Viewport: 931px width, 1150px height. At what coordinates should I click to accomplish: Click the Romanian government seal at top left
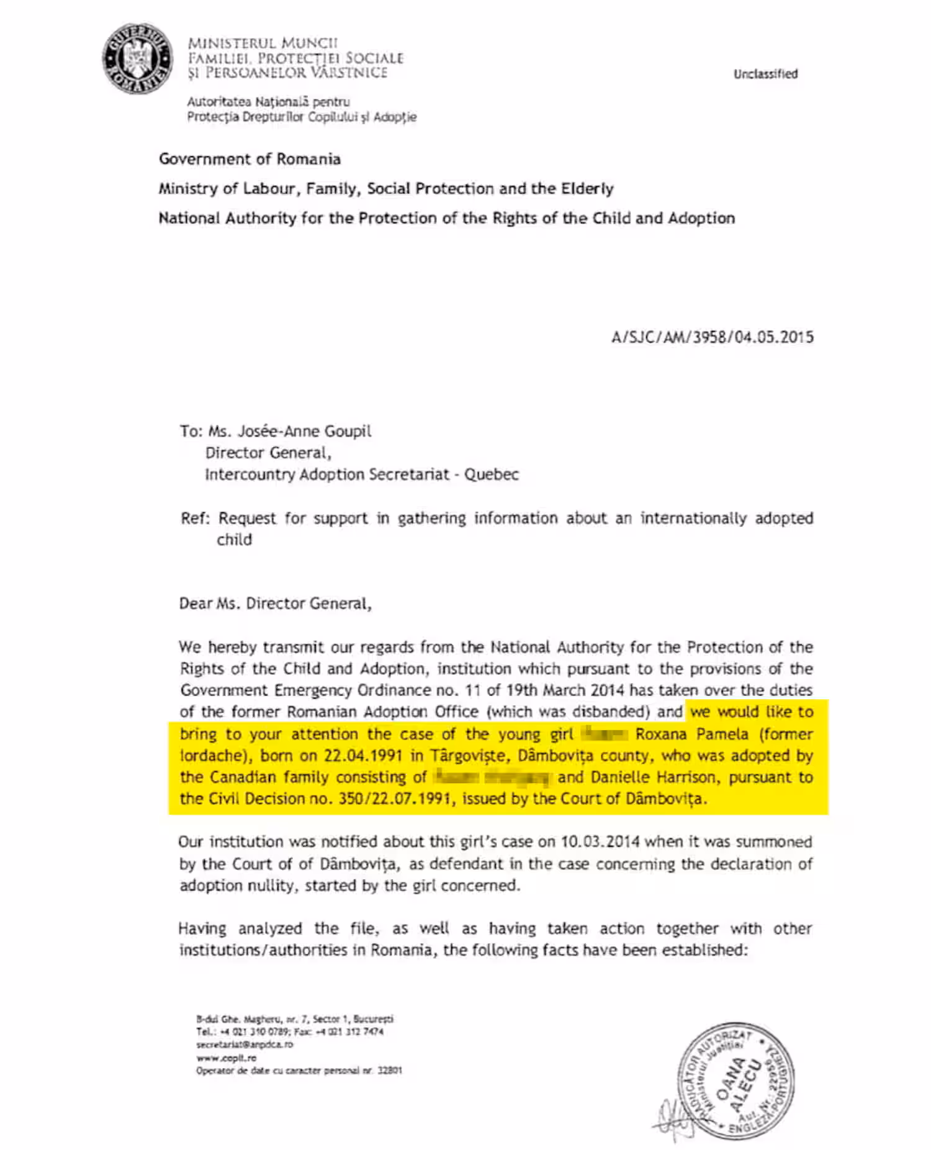pyautogui.click(x=138, y=60)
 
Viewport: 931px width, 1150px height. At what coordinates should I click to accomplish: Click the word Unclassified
pyautogui.click(x=765, y=74)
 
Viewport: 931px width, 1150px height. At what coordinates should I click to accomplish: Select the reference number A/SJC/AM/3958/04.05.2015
pyautogui.click(x=712, y=337)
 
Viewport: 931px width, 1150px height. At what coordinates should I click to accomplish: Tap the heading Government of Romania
pyautogui.click(x=250, y=159)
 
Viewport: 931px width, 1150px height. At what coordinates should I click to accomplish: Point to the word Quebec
pyautogui.click(x=492, y=474)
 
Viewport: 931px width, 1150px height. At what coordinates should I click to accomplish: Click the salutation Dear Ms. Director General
pyautogui.click(x=275, y=604)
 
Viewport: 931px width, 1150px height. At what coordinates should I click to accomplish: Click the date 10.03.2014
pyautogui.click(x=600, y=842)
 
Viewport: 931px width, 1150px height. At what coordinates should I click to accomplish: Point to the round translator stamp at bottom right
pyautogui.click(x=735, y=1080)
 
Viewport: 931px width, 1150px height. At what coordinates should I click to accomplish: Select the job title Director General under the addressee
pyautogui.click(x=268, y=453)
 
